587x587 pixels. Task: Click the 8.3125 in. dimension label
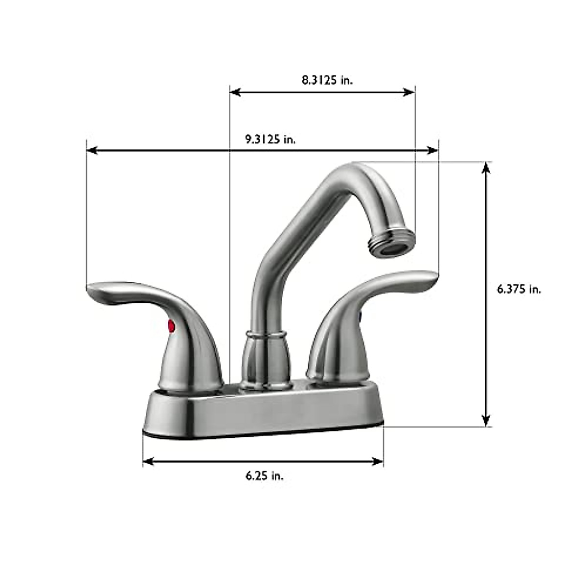(x=327, y=80)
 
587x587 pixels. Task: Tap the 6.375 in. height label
(x=519, y=289)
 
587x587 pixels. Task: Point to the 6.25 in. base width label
(x=264, y=475)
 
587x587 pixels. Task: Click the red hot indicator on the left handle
(x=171, y=325)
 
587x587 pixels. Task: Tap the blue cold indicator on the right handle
(x=361, y=317)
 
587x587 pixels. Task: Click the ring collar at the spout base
(x=266, y=335)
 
